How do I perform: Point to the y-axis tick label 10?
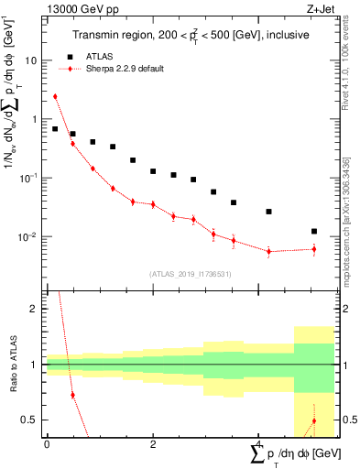coord(31,60)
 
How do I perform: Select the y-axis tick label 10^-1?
coord(29,178)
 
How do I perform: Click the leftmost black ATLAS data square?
coord(55,129)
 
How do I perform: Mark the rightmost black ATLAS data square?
coord(314,232)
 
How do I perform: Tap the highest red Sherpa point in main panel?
coord(55,96)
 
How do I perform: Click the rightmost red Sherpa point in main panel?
coord(314,249)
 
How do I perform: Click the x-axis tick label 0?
coord(46,444)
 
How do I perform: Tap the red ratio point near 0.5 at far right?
coord(314,421)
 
